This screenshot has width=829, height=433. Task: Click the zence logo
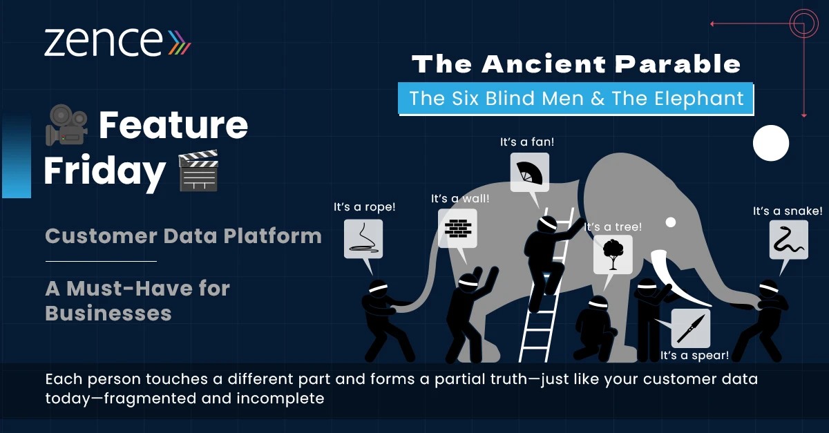(x=117, y=42)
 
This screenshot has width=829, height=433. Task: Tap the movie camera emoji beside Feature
(x=66, y=125)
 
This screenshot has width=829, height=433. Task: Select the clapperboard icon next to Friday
(x=198, y=171)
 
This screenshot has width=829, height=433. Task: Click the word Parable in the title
(x=678, y=64)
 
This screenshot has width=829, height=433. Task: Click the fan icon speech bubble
(x=530, y=173)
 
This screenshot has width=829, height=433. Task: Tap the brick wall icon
(x=458, y=229)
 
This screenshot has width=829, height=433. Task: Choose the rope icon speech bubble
(x=363, y=239)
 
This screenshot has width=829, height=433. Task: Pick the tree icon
(x=613, y=254)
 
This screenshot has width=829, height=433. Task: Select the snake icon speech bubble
(x=789, y=240)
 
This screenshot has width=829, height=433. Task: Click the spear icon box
(x=691, y=328)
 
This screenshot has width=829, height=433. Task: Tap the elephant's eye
(x=671, y=222)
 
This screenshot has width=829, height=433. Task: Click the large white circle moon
(x=771, y=143)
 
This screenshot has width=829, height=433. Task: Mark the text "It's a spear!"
(x=695, y=355)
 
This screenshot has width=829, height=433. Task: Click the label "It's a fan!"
(x=527, y=142)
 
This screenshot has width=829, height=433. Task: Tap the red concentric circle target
(x=803, y=23)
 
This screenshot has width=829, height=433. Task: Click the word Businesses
(x=108, y=313)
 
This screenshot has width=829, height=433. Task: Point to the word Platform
(x=273, y=235)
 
